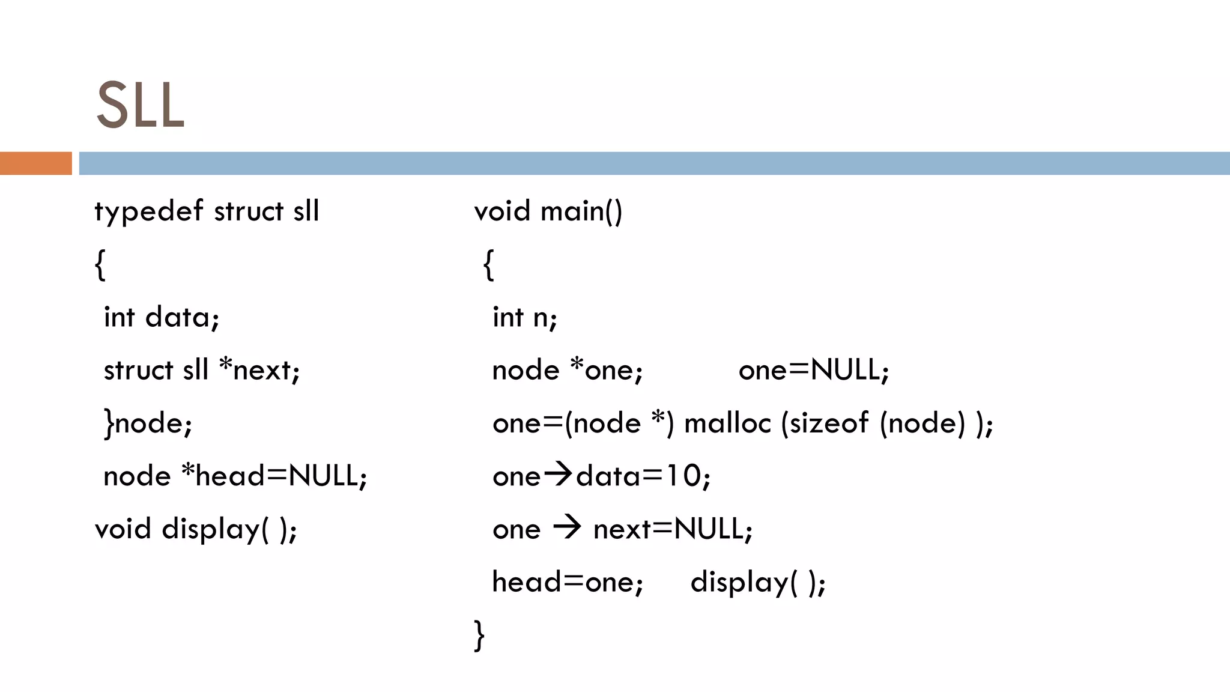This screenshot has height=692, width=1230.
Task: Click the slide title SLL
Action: [140, 106]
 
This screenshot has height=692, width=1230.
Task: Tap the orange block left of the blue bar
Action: [35, 163]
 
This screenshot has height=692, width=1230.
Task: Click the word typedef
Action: [148, 212]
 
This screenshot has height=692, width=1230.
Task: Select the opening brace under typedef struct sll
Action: [100, 264]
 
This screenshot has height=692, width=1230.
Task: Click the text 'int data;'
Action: [162, 317]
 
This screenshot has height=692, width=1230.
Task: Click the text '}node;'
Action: [148, 423]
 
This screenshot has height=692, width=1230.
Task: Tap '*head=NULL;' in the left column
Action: [274, 476]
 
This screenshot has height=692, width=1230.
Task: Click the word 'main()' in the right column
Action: [581, 212]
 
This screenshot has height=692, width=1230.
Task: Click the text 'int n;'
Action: [524, 317]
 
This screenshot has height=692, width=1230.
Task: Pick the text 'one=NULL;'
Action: [813, 369]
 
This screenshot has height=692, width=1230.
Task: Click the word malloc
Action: [727, 423]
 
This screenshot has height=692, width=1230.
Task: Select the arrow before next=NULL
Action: [567, 527]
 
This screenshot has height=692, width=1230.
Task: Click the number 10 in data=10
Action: [682, 476]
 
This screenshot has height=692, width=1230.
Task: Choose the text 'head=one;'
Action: [568, 582]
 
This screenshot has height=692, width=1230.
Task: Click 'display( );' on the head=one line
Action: [758, 583]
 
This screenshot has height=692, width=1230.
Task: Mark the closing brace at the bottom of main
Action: [479, 635]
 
